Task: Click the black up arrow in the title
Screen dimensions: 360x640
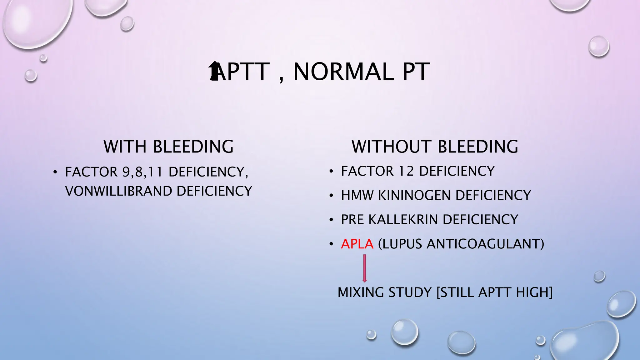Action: click(x=214, y=71)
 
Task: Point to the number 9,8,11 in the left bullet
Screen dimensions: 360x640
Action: click(x=142, y=172)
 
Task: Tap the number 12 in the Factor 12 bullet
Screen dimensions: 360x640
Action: click(x=406, y=171)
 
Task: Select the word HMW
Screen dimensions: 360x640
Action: click(x=357, y=195)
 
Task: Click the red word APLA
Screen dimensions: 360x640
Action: click(x=357, y=244)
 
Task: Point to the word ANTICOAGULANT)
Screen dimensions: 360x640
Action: click(x=485, y=244)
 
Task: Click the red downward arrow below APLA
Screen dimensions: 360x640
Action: click(x=364, y=268)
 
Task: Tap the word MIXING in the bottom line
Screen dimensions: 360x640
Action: click(x=361, y=292)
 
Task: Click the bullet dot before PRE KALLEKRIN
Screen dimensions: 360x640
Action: click(x=331, y=220)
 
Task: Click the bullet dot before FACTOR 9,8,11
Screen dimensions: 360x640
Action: click(x=55, y=172)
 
